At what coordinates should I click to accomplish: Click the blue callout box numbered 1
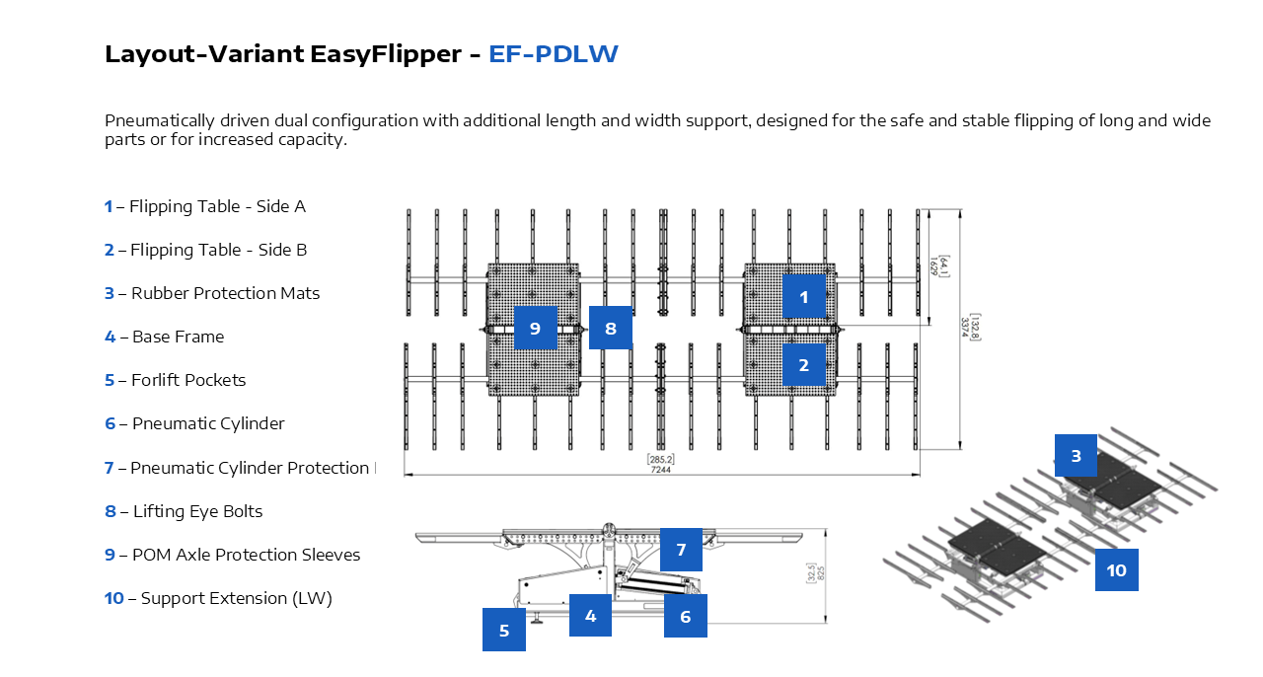tap(804, 296)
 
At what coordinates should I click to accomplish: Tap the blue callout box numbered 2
tap(804, 364)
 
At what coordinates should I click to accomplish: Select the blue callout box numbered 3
tap(1077, 456)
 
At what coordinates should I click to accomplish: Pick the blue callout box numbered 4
tap(591, 615)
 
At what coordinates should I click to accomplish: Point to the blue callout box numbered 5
tap(504, 630)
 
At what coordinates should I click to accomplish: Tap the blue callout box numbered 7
tap(681, 550)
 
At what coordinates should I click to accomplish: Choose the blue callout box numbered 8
tap(611, 328)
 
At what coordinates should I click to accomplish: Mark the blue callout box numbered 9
tap(536, 328)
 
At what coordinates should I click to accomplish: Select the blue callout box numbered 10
tap(1117, 569)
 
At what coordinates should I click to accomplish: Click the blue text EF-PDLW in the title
tap(554, 53)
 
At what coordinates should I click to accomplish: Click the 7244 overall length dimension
tap(660, 470)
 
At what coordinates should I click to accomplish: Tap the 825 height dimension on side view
tap(820, 573)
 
